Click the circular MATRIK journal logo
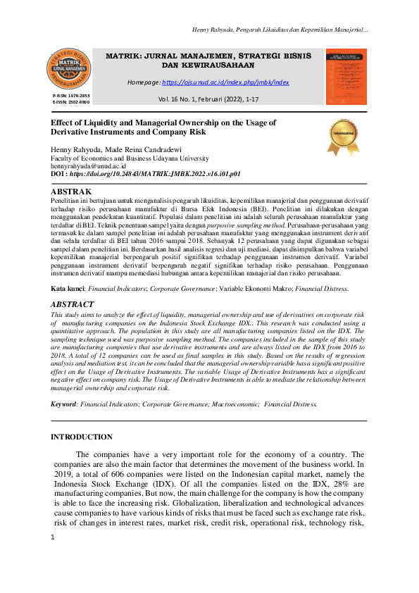[x=68, y=68]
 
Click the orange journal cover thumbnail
[x=346, y=77]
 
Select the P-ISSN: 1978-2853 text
[x=70, y=95]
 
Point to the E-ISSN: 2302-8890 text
[x=70, y=102]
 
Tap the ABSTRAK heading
[x=72, y=192]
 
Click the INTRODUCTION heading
[x=82, y=437]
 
